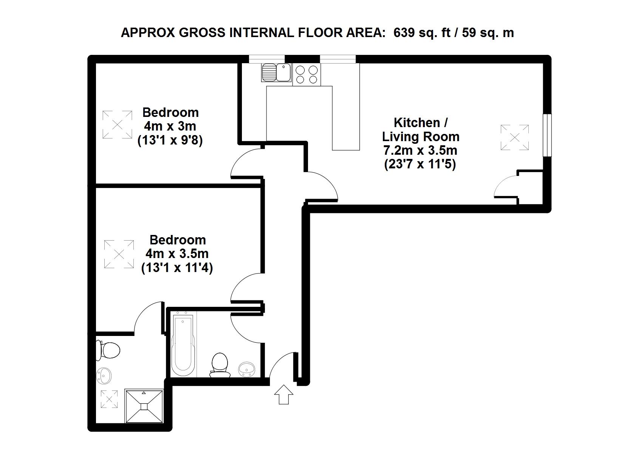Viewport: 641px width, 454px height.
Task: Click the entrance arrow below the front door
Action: tap(283, 394)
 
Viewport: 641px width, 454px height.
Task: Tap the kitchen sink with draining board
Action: tap(276, 73)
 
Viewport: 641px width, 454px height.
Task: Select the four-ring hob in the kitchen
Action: tap(307, 75)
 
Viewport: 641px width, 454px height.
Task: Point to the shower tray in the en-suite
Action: tap(144, 406)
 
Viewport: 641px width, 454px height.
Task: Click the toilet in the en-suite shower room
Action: tap(108, 350)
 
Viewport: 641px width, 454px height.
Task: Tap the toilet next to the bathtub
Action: tap(220, 365)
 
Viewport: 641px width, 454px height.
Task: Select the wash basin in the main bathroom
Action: tap(246, 369)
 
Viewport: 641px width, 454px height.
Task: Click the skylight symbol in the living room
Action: tap(514, 137)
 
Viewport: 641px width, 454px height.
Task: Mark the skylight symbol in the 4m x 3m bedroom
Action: tap(117, 125)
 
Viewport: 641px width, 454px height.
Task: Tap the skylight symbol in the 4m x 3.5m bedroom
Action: tap(119, 254)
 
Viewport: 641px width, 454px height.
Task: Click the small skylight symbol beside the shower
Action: tap(109, 399)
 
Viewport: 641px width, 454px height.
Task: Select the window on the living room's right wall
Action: tap(547, 135)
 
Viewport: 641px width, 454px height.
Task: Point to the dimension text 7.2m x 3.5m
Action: tap(420, 150)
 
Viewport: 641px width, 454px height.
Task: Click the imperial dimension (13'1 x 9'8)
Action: tap(170, 140)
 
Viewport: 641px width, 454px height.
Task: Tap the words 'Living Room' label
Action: tap(421, 136)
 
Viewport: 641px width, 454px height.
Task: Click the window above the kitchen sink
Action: tap(267, 59)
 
